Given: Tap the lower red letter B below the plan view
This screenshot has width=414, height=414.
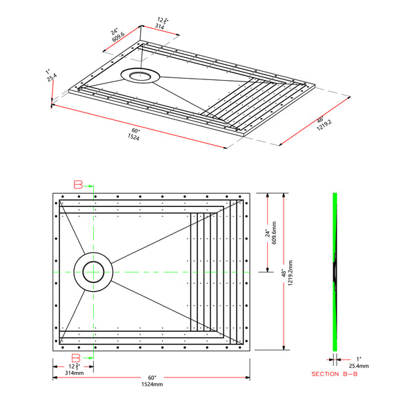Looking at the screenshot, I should point(78,358).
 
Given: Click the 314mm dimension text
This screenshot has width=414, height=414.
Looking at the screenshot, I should point(74,372).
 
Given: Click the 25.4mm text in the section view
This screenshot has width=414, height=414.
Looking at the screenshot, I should point(358,366).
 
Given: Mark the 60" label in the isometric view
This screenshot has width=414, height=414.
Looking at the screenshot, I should point(135,130).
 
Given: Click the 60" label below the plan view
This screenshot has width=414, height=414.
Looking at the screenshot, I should point(152,377).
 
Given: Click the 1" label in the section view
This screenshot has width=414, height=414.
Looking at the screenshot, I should point(357,358).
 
